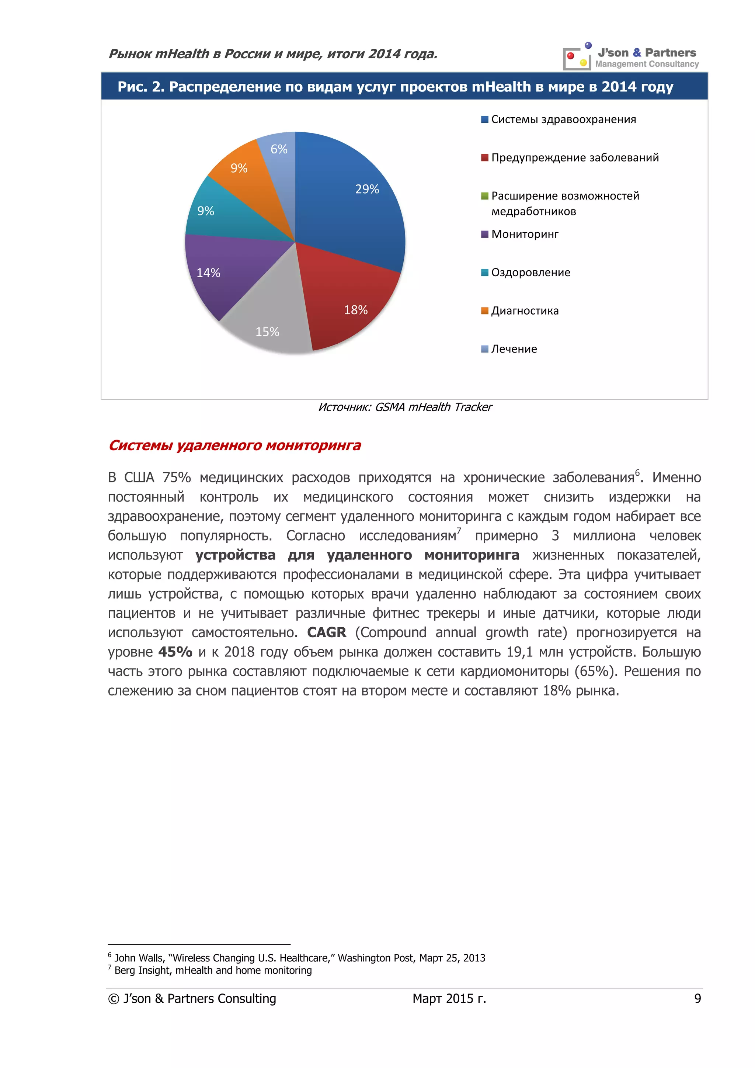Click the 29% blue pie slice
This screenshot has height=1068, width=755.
click(x=353, y=205)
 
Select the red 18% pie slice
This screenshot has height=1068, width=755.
click(x=349, y=298)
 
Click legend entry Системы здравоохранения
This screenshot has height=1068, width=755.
click(x=563, y=119)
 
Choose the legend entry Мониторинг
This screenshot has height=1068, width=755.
click(x=525, y=234)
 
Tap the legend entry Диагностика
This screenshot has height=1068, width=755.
click(x=525, y=311)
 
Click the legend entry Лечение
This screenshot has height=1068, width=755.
click(x=514, y=349)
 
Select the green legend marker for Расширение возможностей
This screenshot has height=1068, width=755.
click(x=484, y=196)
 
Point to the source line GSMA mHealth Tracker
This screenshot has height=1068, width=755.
click(x=404, y=407)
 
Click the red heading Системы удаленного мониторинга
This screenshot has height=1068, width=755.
click(x=234, y=445)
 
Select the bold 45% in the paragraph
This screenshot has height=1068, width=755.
click(x=175, y=652)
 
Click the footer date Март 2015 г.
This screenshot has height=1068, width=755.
click(x=449, y=999)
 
